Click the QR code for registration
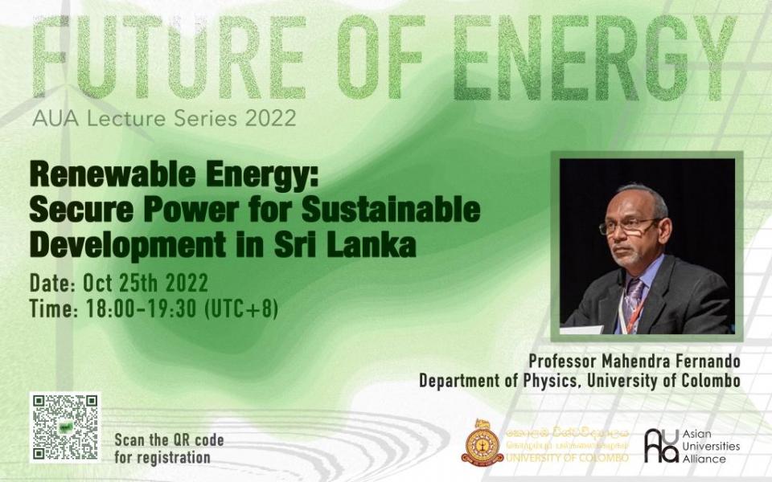click(x=65, y=427)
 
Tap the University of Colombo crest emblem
click(x=482, y=442)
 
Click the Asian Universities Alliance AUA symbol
click(x=661, y=446)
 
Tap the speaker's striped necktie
click(x=633, y=301)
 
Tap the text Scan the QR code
click(x=169, y=440)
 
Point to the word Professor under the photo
click(x=559, y=361)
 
